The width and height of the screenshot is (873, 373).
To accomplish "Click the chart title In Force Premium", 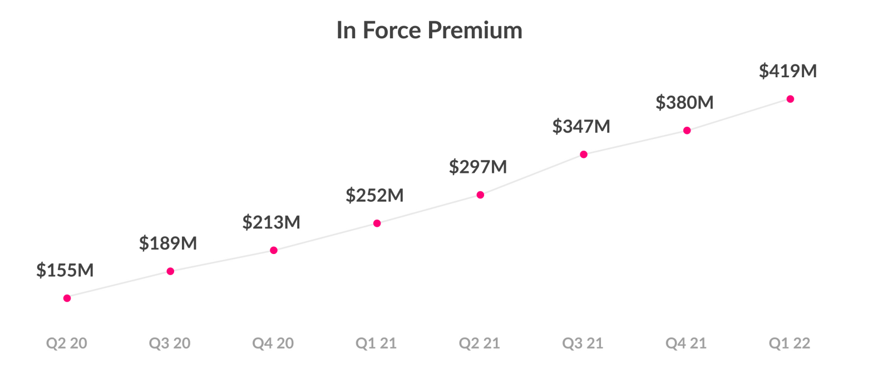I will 429,30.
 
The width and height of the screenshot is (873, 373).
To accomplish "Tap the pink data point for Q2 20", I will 67,299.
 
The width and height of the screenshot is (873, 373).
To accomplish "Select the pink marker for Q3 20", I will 170,271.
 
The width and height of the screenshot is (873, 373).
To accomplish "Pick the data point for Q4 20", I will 274,251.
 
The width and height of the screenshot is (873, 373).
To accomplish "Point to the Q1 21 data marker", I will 377,223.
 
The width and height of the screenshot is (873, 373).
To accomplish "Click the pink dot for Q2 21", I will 480,195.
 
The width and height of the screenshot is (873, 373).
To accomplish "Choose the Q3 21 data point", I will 584,155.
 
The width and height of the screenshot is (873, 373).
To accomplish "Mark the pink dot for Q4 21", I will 687,131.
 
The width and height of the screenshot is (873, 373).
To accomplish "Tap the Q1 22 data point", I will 790,99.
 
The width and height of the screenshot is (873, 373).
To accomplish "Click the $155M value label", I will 65,270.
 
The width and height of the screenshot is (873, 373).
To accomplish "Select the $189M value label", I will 168,243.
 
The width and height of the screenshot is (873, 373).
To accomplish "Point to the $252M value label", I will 374,195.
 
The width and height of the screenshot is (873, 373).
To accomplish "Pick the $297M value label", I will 478,167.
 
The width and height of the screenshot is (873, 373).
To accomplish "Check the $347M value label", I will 581,126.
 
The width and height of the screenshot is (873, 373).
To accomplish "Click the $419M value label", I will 788,71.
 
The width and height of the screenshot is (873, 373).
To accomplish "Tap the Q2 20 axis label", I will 67,343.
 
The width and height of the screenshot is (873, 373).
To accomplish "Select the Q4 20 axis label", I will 273,343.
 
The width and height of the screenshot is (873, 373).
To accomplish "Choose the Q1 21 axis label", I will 376,343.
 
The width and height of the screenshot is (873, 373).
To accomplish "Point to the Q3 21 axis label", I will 583,343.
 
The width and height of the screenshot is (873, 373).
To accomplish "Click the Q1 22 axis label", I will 790,343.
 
